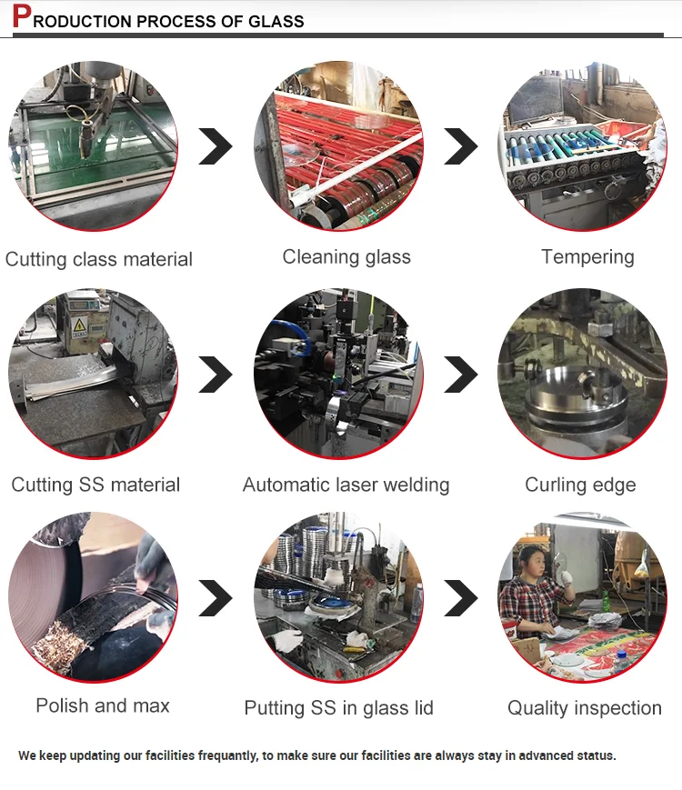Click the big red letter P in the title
[21, 16]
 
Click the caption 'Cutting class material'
[99, 259]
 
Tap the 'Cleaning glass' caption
[346, 257]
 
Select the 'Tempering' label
[587, 257]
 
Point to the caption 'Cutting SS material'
[95, 485]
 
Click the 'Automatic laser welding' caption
[346, 485]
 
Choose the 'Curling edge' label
[580, 485]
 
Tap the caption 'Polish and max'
[103, 705]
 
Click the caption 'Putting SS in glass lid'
[339, 708]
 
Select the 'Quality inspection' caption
[585, 708]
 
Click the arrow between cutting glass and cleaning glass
[216, 146]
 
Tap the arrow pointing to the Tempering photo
[461, 146]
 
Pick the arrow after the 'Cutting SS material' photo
[216, 374]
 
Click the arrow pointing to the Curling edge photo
[461, 374]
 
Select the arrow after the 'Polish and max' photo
[216, 597]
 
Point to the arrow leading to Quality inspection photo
[461, 597]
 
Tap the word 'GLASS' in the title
[276, 21]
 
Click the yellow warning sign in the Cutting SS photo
[79, 325]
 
